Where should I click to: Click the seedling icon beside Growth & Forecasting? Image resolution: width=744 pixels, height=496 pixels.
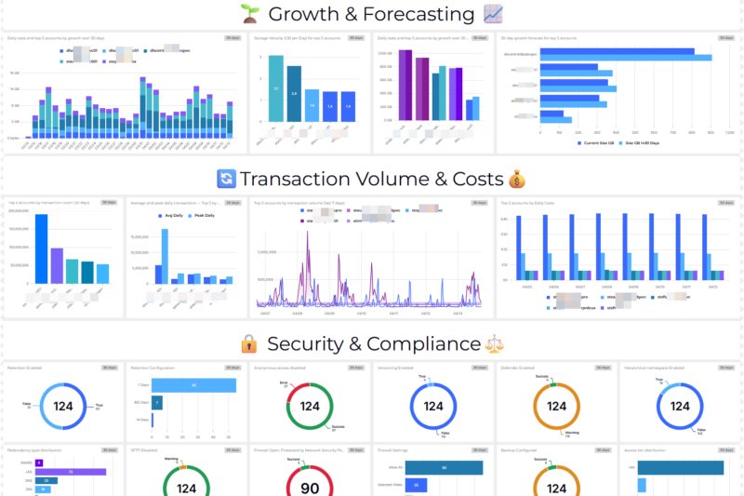pos(248,14)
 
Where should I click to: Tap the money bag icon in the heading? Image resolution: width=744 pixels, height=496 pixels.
pos(518,179)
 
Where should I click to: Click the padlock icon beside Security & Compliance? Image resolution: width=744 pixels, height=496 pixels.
pos(249,343)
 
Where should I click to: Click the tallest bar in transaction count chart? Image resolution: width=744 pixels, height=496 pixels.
pos(41,248)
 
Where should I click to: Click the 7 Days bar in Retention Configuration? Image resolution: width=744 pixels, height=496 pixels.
pos(193,384)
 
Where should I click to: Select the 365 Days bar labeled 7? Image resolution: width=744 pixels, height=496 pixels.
pos(158,402)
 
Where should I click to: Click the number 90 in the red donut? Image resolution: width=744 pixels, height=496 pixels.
pos(310,488)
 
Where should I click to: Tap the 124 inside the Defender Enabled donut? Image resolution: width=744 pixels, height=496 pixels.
pos(556,406)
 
